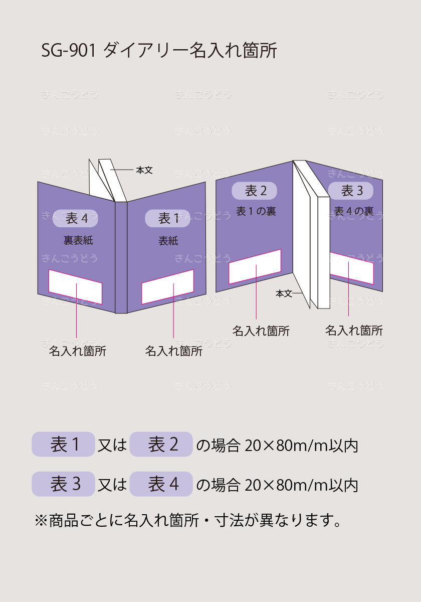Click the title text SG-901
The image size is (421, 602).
click(x=69, y=50)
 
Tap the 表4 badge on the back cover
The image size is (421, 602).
click(x=76, y=218)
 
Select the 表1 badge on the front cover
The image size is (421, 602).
click(x=167, y=218)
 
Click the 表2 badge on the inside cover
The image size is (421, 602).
click(x=254, y=191)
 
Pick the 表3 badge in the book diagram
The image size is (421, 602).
click(x=351, y=191)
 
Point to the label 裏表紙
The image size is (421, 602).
click(x=78, y=240)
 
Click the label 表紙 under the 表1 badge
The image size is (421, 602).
click(x=168, y=241)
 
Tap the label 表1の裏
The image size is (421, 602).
click(x=256, y=211)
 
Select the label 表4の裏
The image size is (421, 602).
click(x=354, y=211)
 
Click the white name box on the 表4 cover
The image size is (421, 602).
click(x=76, y=287)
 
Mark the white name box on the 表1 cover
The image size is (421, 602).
click(x=167, y=287)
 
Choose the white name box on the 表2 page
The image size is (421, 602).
click(x=255, y=266)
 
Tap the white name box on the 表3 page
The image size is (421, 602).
click(x=352, y=268)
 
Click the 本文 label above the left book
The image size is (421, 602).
click(x=144, y=170)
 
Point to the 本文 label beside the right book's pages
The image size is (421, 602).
click(x=284, y=293)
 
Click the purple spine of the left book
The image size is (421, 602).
click(x=121, y=257)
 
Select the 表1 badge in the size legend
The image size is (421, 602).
click(x=63, y=444)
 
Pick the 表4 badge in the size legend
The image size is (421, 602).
click(x=161, y=484)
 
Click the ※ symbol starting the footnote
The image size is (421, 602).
click(x=41, y=521)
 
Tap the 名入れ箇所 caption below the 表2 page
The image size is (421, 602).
click(x=261, y=331)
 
